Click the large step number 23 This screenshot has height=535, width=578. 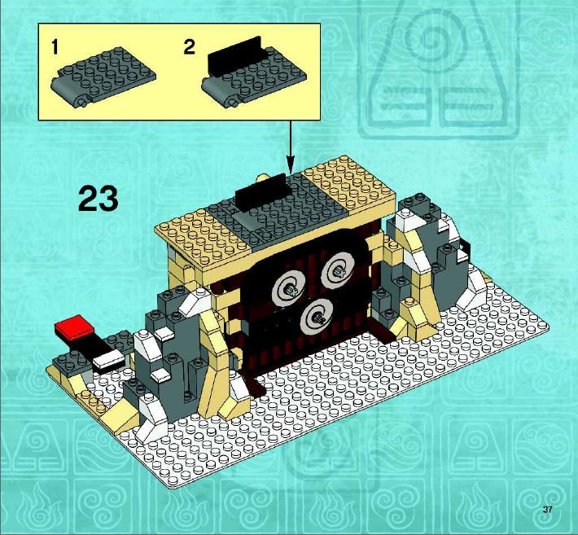(99, 199)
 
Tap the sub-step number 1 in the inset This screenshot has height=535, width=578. (55, 47)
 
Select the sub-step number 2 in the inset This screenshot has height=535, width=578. (189, 47)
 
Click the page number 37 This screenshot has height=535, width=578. (547, 510)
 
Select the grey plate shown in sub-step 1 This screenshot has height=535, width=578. (103, 77)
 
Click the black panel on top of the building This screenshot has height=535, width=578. (261, 192)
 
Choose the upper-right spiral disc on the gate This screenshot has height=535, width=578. (338, 270)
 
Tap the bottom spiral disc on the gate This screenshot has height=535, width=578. (317, 315)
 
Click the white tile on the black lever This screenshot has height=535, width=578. (108, 358)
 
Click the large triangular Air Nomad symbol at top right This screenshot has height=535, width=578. (439, 70)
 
